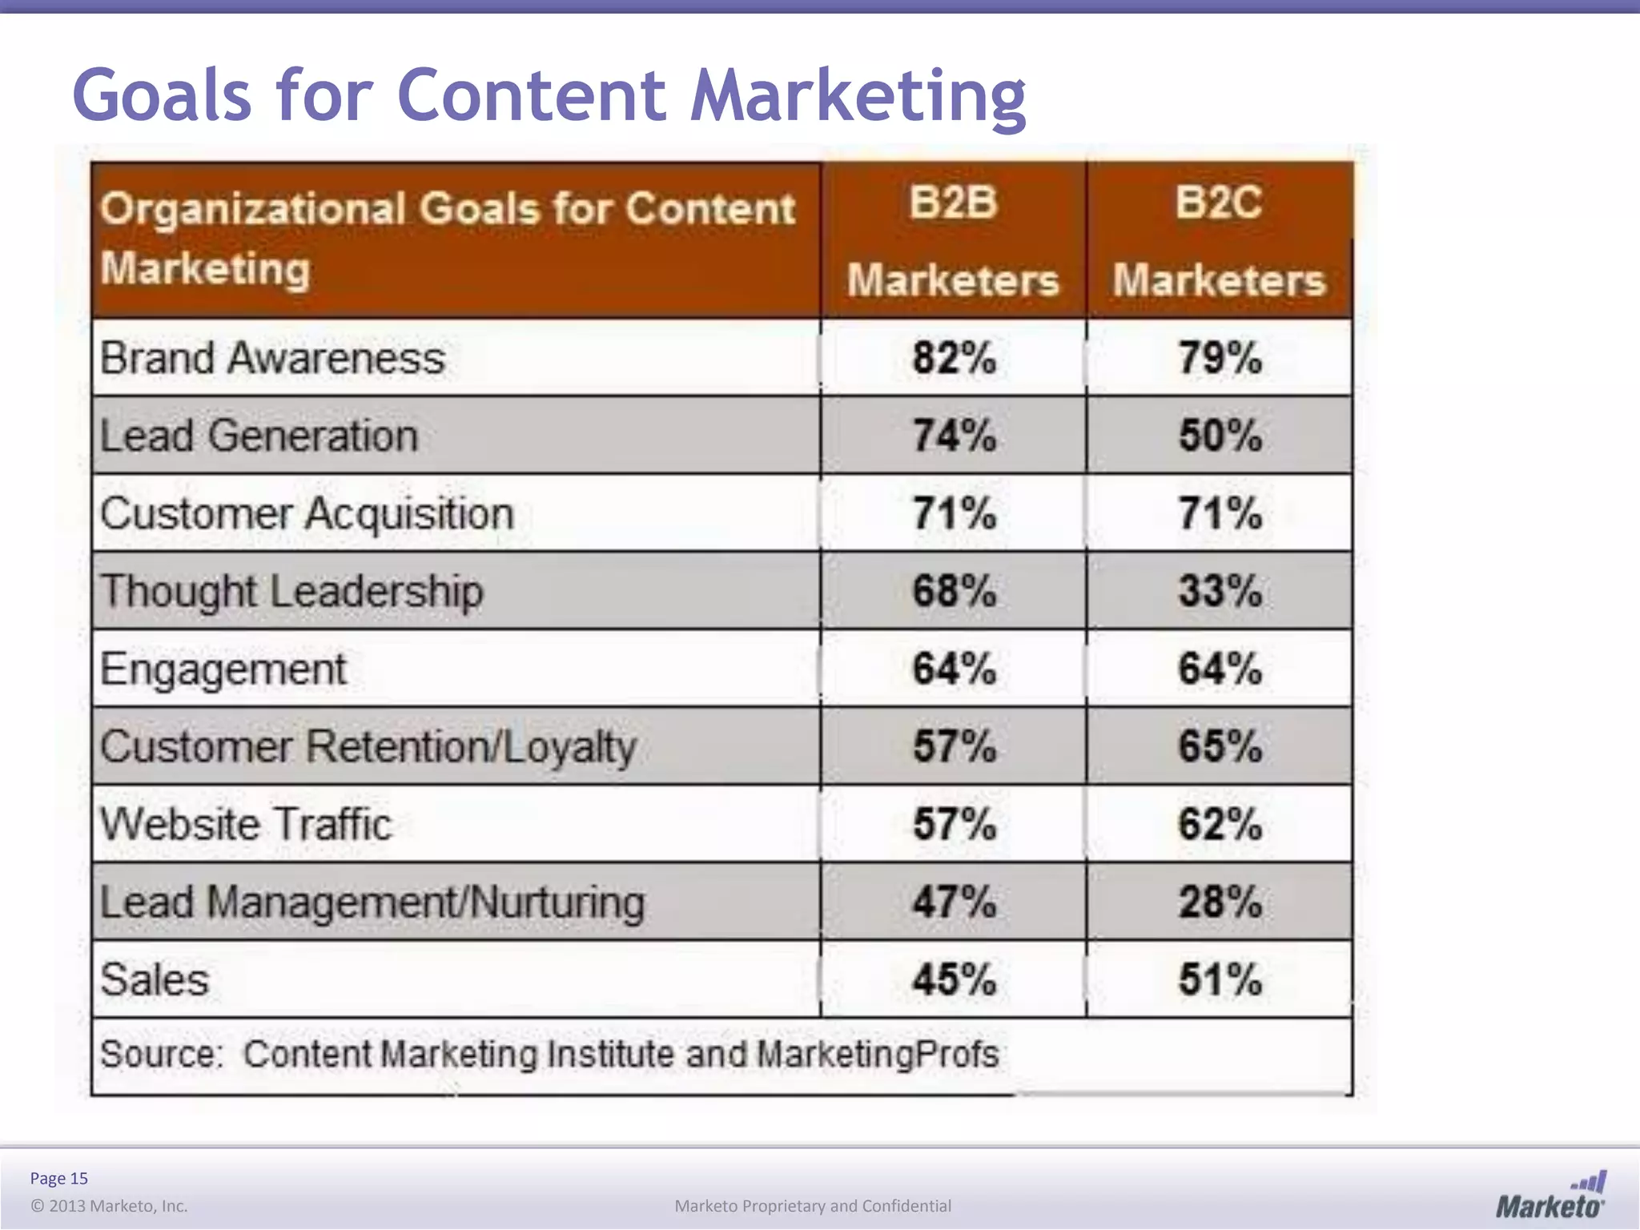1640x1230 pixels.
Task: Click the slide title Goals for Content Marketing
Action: [549, 96]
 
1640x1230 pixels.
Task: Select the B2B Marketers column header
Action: [953, 240]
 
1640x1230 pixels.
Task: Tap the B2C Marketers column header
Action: [1219, 240]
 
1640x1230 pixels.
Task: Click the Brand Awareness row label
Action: [272, 357]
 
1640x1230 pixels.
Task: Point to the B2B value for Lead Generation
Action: [954, 436]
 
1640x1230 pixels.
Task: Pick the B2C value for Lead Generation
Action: [1220, 436]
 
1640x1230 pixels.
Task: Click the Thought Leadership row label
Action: [291, 591]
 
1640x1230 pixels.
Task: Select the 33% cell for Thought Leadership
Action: [1220, 591]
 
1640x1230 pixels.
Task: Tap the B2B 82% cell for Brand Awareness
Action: [954, 357]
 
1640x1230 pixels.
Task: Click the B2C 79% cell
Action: [1220, 357]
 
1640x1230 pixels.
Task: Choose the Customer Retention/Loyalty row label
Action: [368, 746]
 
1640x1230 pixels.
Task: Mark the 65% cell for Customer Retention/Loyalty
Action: [1220, 746]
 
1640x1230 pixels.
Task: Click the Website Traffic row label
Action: [246, 824]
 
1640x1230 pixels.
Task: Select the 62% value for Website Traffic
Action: [1220, 824]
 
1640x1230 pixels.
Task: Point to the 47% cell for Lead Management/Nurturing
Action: [954, 902]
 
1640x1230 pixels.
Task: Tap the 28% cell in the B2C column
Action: [1220, 902]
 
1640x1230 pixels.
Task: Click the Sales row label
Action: [155, 979]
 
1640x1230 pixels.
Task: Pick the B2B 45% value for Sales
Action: [954, 979]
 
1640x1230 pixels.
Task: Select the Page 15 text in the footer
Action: [58, 1178]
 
